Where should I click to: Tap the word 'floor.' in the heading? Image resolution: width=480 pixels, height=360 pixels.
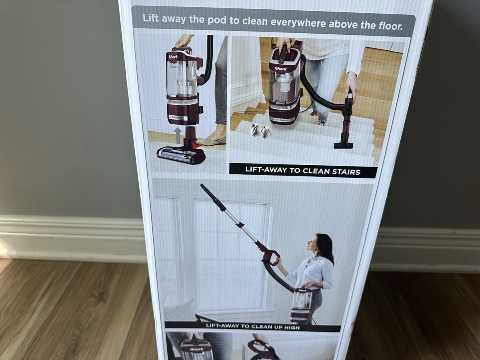(390, 26)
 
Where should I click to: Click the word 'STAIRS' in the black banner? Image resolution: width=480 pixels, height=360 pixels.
(346, 172)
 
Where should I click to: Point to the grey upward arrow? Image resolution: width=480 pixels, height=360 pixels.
(178, 136)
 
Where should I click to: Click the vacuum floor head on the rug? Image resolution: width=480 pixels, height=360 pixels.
(181, 155)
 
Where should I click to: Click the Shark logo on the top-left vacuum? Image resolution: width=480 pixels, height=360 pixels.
(173, 57)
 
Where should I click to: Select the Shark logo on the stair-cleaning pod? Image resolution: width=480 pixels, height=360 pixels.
(280, 68)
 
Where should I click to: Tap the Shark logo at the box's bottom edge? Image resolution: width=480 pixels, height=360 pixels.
(196, 349)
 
